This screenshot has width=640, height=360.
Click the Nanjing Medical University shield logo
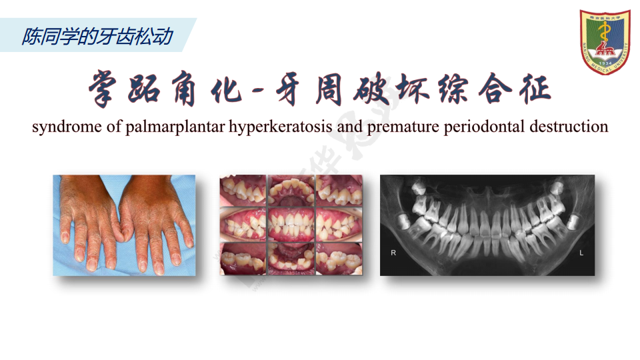pos(605,42)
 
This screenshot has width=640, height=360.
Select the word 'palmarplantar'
pos(175,127)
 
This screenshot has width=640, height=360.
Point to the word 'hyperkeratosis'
pos(281,127)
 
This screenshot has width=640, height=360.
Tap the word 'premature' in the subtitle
pos(403,127)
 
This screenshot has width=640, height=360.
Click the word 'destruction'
pos(569,127)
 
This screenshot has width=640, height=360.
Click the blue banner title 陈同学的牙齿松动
pos(97,36)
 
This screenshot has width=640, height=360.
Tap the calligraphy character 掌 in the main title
pos(103,89)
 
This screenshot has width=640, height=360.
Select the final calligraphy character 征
pos(535,89)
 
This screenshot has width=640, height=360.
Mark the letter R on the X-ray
pos(393,253)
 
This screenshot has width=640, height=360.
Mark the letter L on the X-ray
pos(581,253)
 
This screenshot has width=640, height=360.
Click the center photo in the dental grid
pos(291,225)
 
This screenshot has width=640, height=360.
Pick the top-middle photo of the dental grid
pos(291,190)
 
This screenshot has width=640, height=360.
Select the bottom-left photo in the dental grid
pos(243,259)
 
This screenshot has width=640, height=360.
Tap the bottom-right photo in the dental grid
pos(339,259)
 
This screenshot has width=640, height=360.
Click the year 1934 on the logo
pos(605,63)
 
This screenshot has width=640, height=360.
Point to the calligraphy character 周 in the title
pos(329,89)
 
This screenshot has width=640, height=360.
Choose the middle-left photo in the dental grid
pos(243,225)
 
